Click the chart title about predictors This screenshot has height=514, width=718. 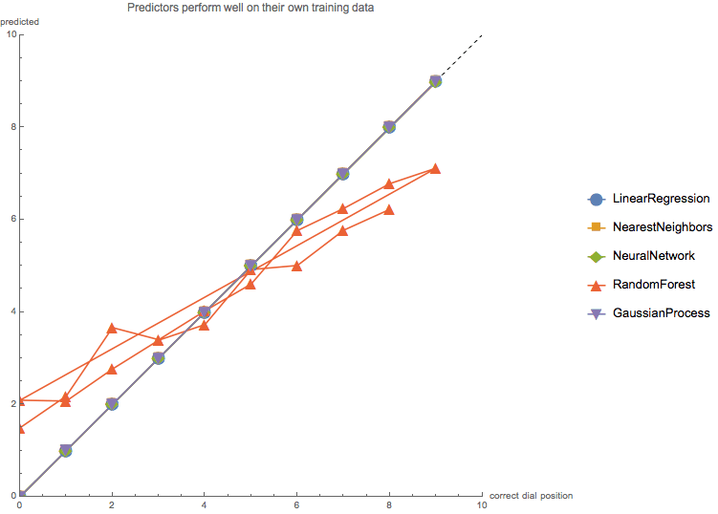click(250, 8)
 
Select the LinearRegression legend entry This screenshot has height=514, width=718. click(661, 200)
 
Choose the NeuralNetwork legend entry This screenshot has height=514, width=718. click(653, 256)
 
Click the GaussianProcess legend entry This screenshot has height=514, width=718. click(661, 312)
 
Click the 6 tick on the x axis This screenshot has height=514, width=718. click(296, 504)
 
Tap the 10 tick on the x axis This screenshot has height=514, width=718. click(481, 504)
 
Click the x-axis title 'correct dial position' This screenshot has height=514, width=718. click(531, 496)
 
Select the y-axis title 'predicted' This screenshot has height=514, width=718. click(19, 21)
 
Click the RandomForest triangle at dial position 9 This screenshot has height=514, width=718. click(435, 168)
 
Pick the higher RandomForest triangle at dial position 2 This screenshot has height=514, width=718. click(112, 328)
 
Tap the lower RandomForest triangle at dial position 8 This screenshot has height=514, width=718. click(389, 209)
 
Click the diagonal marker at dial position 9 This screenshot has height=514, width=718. click(435, 81)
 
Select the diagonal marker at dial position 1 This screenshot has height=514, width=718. click(66, 450)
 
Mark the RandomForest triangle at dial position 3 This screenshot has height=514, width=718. click(158, 340)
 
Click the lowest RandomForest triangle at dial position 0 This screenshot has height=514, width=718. click(20, 428)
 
